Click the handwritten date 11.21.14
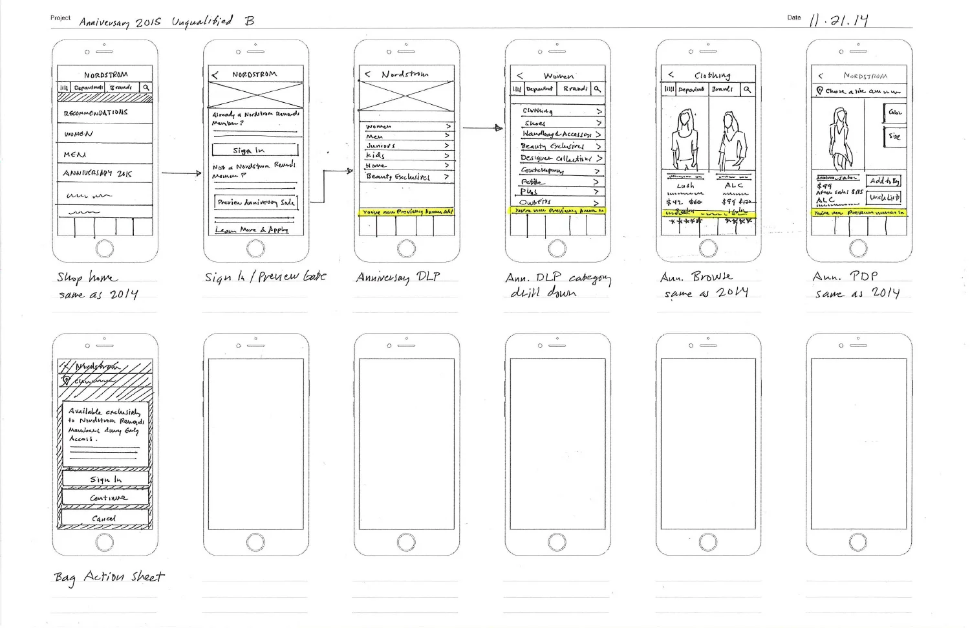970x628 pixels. click(x=839, y=20)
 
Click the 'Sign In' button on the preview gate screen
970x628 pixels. click(x=255, y=150)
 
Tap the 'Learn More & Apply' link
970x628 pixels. click(x=252, y=230)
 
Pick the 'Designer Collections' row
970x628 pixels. click(x=557, y=158)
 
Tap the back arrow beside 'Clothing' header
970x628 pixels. click(x=671, y=74)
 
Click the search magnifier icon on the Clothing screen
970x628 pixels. click(x=748, y=89)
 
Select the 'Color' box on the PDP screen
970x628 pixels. click(x=894, y=113)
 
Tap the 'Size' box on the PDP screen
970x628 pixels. click(x=894, y=136)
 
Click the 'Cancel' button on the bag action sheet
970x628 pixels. click(x=105, y=519)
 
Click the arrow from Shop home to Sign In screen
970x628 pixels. click(x=181, y=173)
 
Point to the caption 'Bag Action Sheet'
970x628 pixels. click(x=109, y=576)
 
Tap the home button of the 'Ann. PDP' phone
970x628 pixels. click(x=858, y=248)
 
